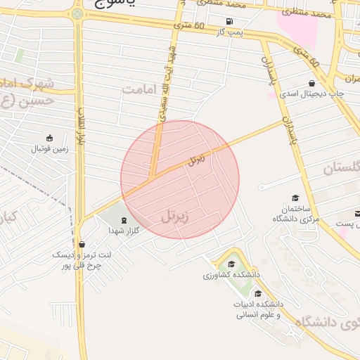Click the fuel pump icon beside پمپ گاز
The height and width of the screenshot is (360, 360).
pos(230,21)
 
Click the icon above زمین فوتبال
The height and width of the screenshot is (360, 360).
pos(49,138)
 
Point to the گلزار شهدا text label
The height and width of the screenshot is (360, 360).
pos(124,231)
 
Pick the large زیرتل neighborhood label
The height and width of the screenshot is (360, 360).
pos(176,216)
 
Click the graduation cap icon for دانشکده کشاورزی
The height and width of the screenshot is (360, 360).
pos(231,264)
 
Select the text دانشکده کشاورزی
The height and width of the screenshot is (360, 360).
pos(232,274)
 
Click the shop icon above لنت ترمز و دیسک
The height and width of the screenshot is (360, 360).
pos(82,244)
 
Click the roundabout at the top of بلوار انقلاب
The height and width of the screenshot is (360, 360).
pos(77,13)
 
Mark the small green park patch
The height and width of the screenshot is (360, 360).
pos(19,55)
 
